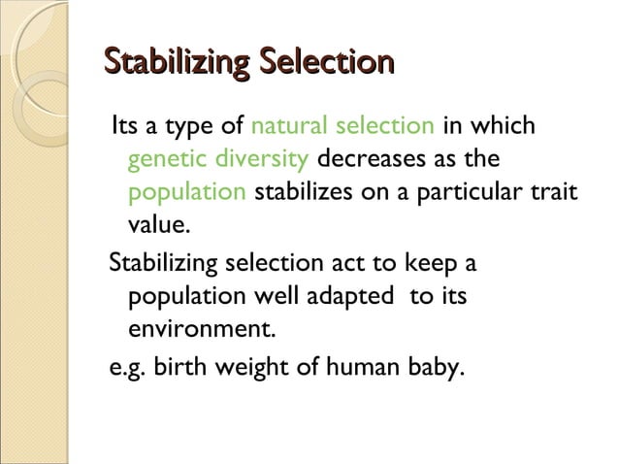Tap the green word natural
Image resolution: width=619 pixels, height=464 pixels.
pyautogui.click(x=287, y=126)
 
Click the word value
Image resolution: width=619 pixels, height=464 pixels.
pyautogui.click(x=155, y=225)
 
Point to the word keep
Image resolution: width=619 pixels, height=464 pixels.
pyautogui.click(x=432, y=263)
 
